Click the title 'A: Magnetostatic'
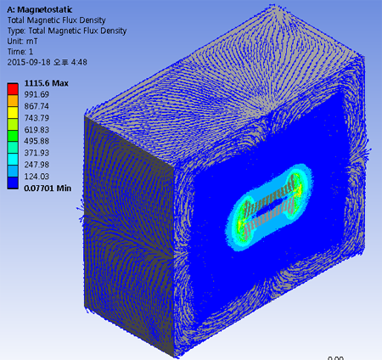pyautogui.click(x=40, y=9)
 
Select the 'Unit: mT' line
pyautogui.click(x=22, y=42)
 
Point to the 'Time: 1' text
pyautogui.click(x=20, y=52)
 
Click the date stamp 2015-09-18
pyautogui.click(x=28, y=62)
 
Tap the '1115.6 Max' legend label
pyautogui.click(x=47, y=83)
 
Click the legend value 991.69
pyautogui.click(x=37, y=94)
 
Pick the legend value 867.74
pyautogui.click(x=37, y=106)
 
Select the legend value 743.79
pyautogui.click(x=37, y=118)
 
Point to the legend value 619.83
pyautogui.click(x=37, y=130)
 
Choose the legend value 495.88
pyautogui.click(x=37, y=141)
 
